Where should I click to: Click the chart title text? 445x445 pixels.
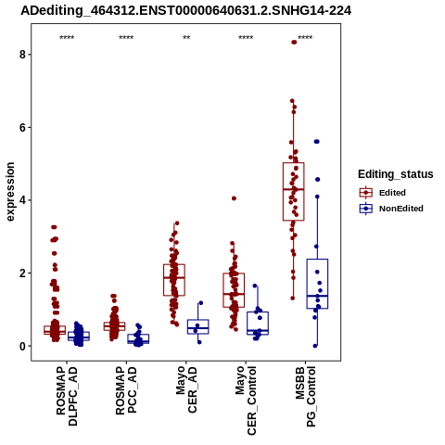click(x=186, y=11)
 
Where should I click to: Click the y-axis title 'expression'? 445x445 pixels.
click(x=10, y=192)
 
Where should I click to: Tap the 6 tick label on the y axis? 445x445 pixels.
click(x=22, y=127)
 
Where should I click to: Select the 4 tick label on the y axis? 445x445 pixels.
click(x=22, y=200)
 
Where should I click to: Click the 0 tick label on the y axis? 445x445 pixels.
click(x=22, y=346)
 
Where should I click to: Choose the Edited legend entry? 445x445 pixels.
click(x=383, y=193)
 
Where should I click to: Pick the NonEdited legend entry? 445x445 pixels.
click(x=391, y=209)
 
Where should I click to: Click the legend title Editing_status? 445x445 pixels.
click(x=396, y=174)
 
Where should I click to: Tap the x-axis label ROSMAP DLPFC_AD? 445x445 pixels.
click(x=67, y=396)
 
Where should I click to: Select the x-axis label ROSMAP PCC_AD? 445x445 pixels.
click(x=126, y=390)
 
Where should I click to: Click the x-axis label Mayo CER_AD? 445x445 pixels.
click(x=186, y=389)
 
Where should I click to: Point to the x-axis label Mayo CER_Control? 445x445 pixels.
click(x=246, y=400)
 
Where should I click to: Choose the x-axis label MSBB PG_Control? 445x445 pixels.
click(x=305, y=397)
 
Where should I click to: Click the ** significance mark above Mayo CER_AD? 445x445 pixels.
click(x=186, y=38)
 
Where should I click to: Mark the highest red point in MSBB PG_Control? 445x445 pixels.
click(x=294, y=43)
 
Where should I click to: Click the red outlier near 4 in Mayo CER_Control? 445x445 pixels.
click(x=234, y=198)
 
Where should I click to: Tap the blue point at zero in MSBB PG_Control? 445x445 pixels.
click(x=315, y=346)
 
